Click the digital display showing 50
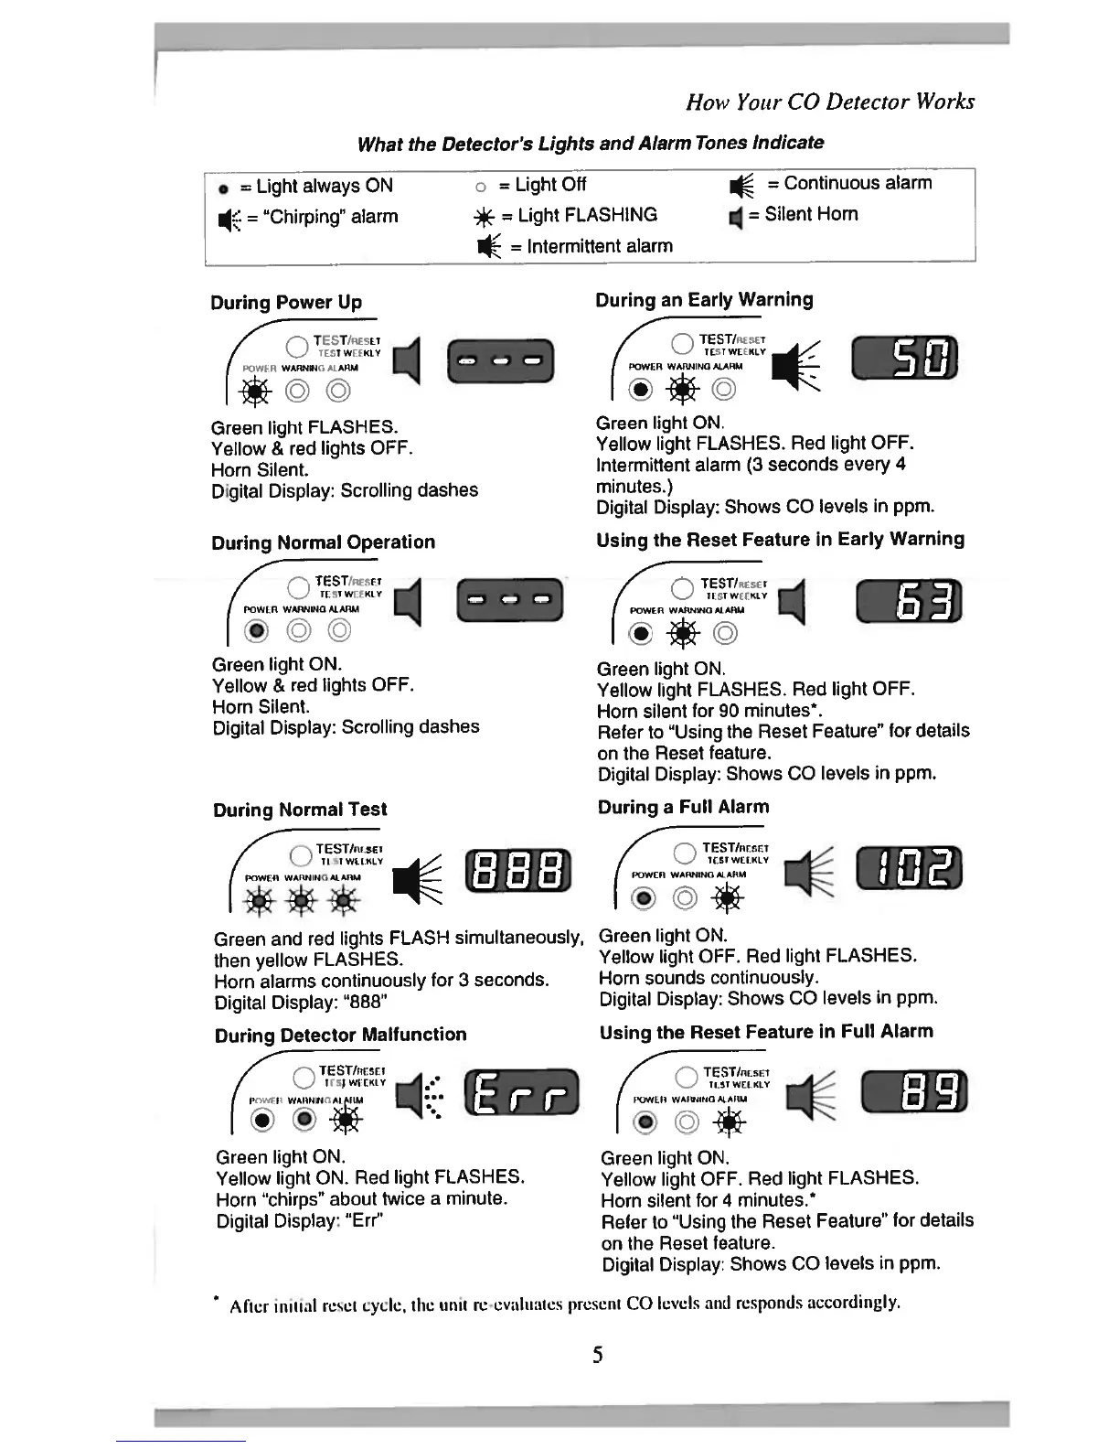904,358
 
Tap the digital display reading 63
909,601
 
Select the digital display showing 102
909,868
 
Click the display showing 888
518,872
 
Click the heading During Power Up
286,303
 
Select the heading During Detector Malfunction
340,1035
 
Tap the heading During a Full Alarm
683,807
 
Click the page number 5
597,1355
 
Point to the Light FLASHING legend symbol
485,217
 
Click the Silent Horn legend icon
733,217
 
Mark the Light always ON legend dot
222,188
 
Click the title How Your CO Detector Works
829,102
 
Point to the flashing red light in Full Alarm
728,899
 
